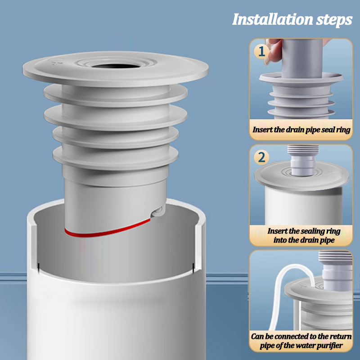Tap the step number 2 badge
pyautogui.click(x=262, y=157)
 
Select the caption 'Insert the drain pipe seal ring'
pyautogui.click(x=301, y=130)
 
